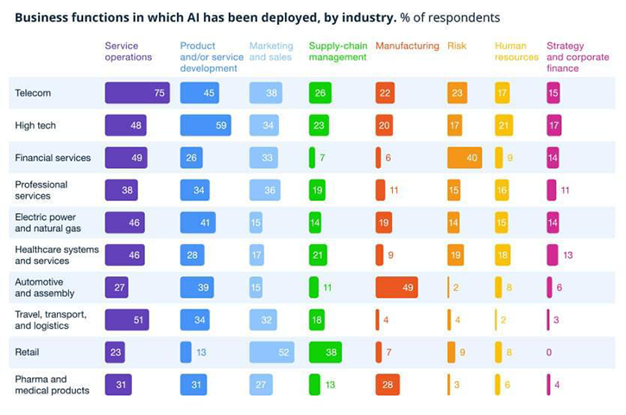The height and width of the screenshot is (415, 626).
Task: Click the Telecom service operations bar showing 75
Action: [137, 93]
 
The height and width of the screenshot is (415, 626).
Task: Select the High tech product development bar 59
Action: [206, 126]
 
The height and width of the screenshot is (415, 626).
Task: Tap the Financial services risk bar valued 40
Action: [465, 158]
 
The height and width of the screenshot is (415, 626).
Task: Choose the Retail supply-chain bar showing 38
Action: [326, 352]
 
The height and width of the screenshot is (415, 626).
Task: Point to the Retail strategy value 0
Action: [549, 352]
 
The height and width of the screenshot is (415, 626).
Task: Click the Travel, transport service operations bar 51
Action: [127, 320]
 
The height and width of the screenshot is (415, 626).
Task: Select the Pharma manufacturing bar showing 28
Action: [388, 385]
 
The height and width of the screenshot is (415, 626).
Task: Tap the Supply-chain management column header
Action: [338, 52]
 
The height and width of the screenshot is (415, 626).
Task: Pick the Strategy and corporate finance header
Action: [578, 57]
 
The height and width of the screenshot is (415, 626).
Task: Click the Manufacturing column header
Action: [407, 47]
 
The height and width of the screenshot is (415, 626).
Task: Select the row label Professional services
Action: [41, 190]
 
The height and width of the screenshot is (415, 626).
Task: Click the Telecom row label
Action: [33, 93]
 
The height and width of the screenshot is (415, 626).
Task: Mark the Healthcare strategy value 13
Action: [567, 255]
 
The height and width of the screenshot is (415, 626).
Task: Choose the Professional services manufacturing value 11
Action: [394, 191]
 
